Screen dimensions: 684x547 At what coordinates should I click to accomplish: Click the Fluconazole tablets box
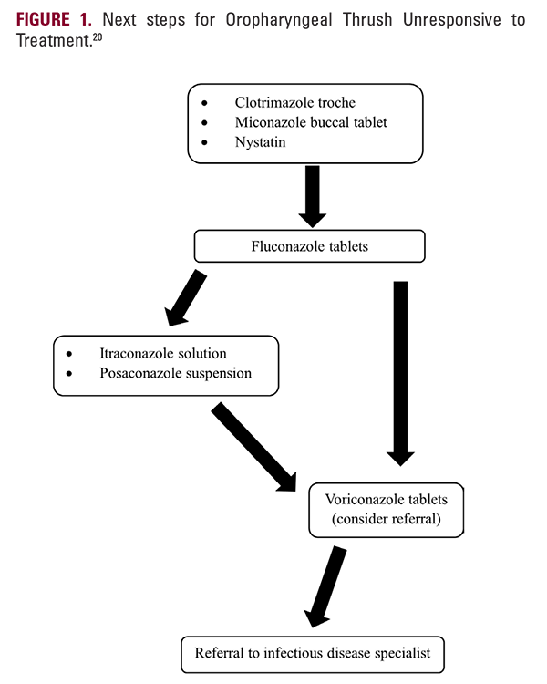click(310, 245)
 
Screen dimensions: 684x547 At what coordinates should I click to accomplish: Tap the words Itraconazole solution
click(162, 353)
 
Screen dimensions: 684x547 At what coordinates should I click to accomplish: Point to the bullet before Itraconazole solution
click(68, 353)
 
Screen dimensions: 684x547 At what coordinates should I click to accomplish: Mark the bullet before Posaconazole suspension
click(68, 374)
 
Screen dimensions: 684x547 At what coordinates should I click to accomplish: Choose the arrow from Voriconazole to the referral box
click(326, 584)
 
